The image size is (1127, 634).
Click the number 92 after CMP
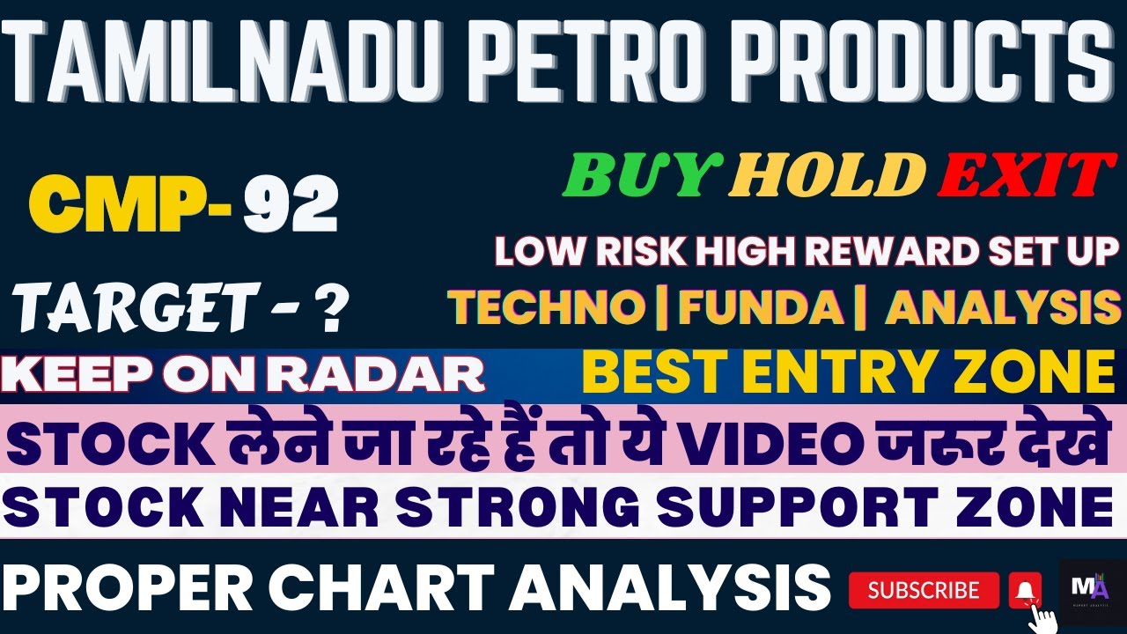pyautogui.click(x=291, y=206)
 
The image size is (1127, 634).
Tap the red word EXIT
pyautogui.click(x=1020, y=173)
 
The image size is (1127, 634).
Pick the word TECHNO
pyautogui.click(x=546, y=306)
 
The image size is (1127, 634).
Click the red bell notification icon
pyautogui.click(x=1025, y=589)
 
